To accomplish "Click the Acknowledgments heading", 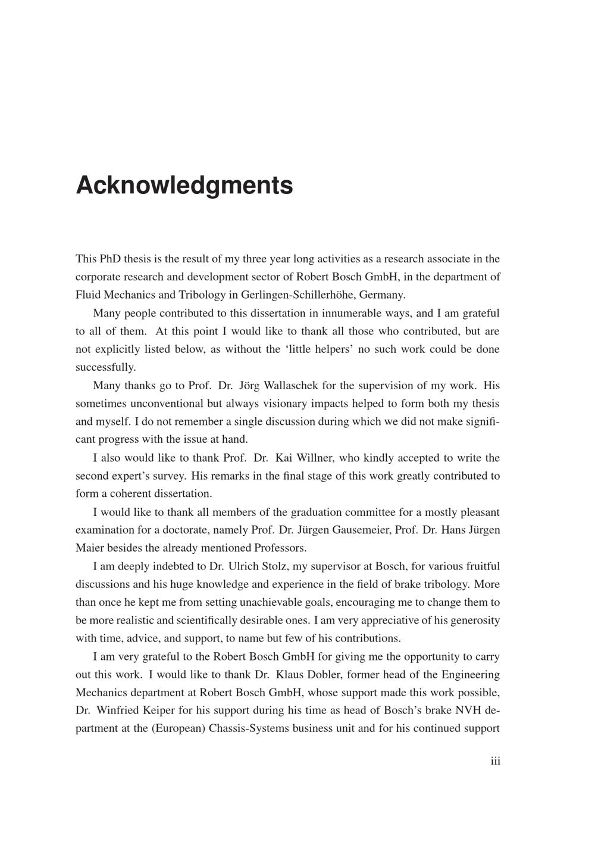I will point(184,185).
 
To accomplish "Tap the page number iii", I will point(495,761).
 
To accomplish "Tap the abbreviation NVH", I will point(472,710).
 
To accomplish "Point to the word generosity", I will point(470,620).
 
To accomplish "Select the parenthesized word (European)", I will point(178,728).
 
